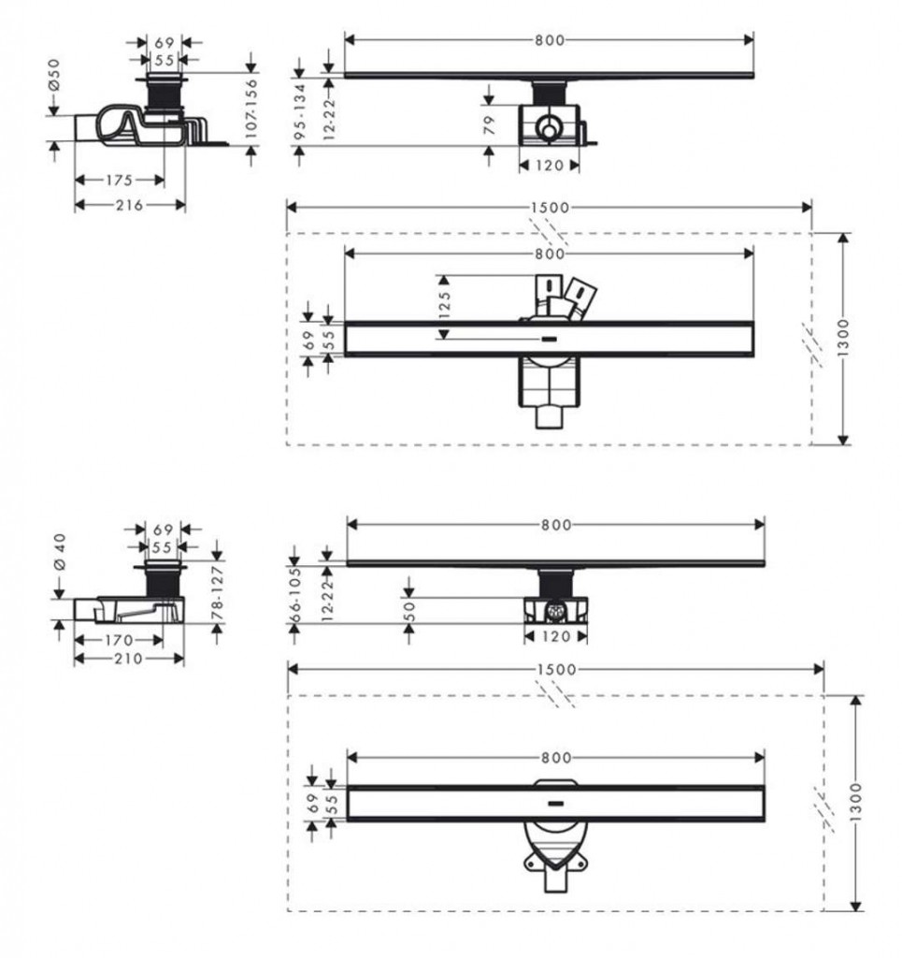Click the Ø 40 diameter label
[59, 552]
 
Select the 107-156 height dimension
[251, 109]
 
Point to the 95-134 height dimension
[299, 112]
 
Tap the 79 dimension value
[489, 125]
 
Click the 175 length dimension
[119, 181]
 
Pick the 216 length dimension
[129, 205]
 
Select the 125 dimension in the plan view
[444, 305]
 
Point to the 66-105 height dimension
[295, 594]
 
